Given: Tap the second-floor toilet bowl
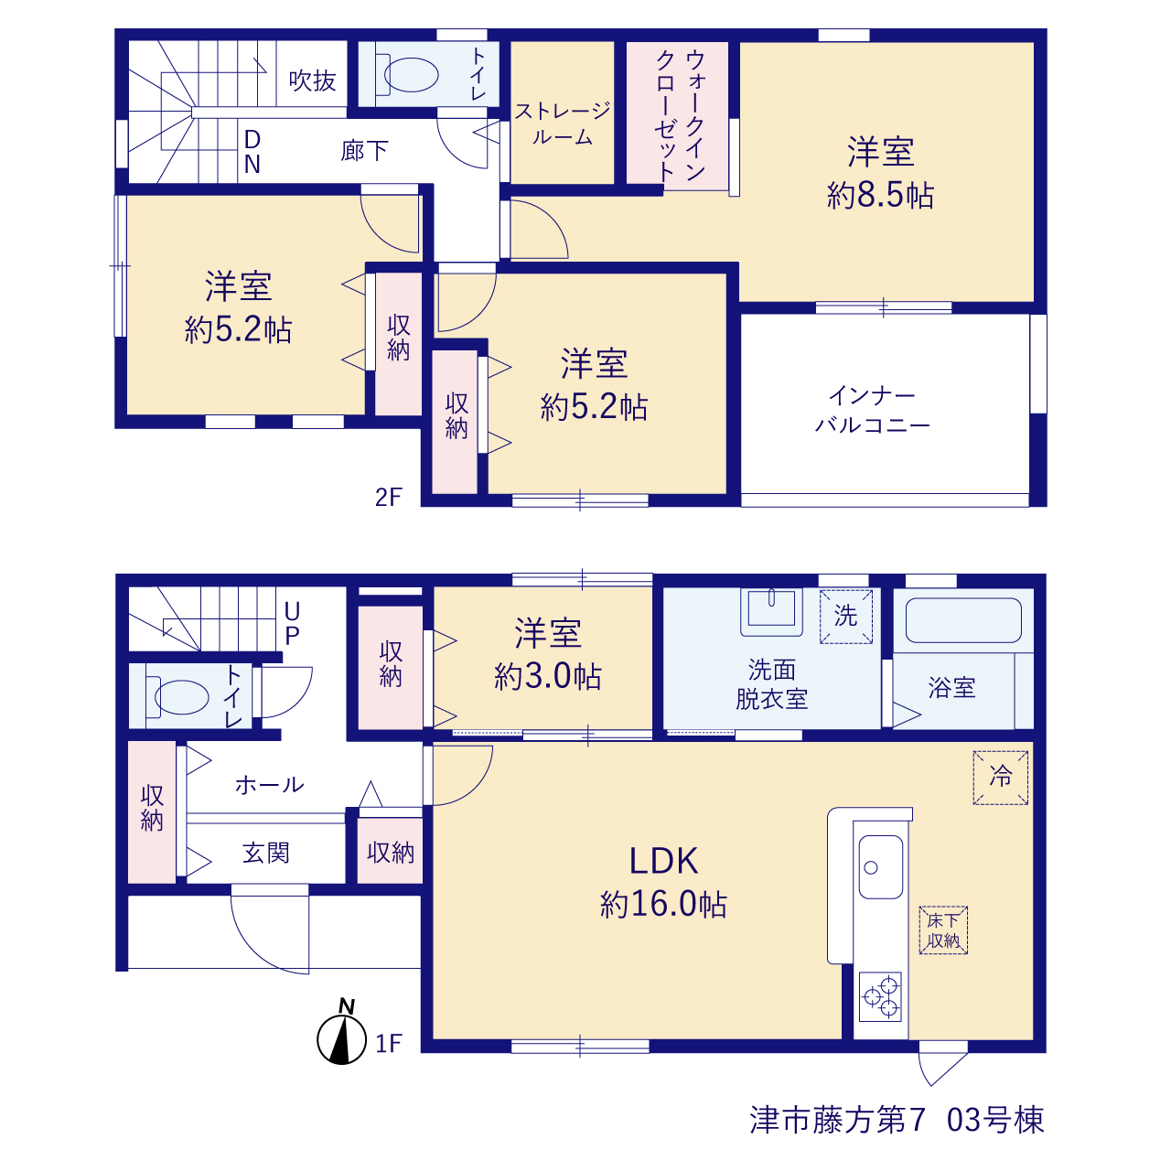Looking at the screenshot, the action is click(406, 75).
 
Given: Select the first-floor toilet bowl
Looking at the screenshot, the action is click(177, 696).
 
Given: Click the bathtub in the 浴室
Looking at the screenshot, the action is click(963, 620).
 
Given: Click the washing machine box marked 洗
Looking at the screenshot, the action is click(845, 617).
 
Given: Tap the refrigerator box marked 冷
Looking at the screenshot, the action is click(1000, 778).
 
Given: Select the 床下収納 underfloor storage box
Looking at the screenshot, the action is click(943, 929).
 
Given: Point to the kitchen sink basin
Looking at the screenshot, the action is click(880, 866).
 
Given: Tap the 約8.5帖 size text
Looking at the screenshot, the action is click(880, 196).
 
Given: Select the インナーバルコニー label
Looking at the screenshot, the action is click(872, 410).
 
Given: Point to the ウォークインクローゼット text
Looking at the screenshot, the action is click(680, 115).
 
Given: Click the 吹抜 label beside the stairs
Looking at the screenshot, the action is click(312, 81).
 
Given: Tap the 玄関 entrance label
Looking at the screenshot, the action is click(265, 854).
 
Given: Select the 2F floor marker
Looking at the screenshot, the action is click(388, 497).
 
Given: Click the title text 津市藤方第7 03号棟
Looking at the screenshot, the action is click(897, 1120).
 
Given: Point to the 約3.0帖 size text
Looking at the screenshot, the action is click(547, 676).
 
